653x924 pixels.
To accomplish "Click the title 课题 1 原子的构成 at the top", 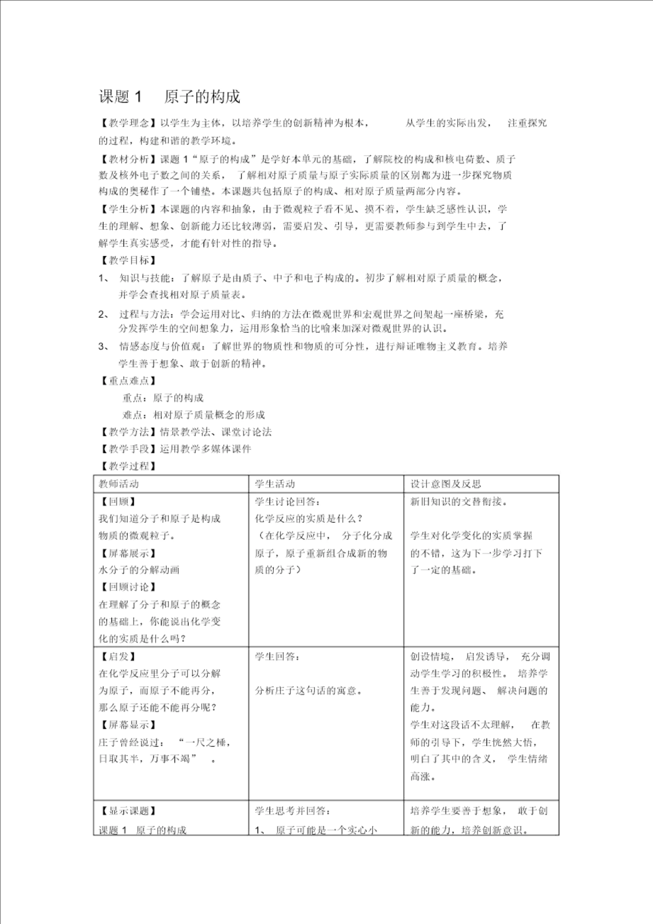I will pos(169,97).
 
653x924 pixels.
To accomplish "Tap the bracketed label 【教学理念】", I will pos(129,123).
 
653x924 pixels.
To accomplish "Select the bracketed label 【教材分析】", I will pos(129,159).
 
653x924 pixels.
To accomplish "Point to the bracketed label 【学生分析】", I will pos(129,209).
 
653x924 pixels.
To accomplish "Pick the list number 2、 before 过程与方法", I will pos(104,314).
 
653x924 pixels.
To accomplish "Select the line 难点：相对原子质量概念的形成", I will pos(194,415).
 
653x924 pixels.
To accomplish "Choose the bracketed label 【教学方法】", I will pos(129,432).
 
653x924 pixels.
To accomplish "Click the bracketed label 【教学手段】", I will pos(129,449).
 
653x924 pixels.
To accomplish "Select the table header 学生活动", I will pos(275,484).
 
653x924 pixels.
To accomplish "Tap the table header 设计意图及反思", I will pos(446,484).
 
